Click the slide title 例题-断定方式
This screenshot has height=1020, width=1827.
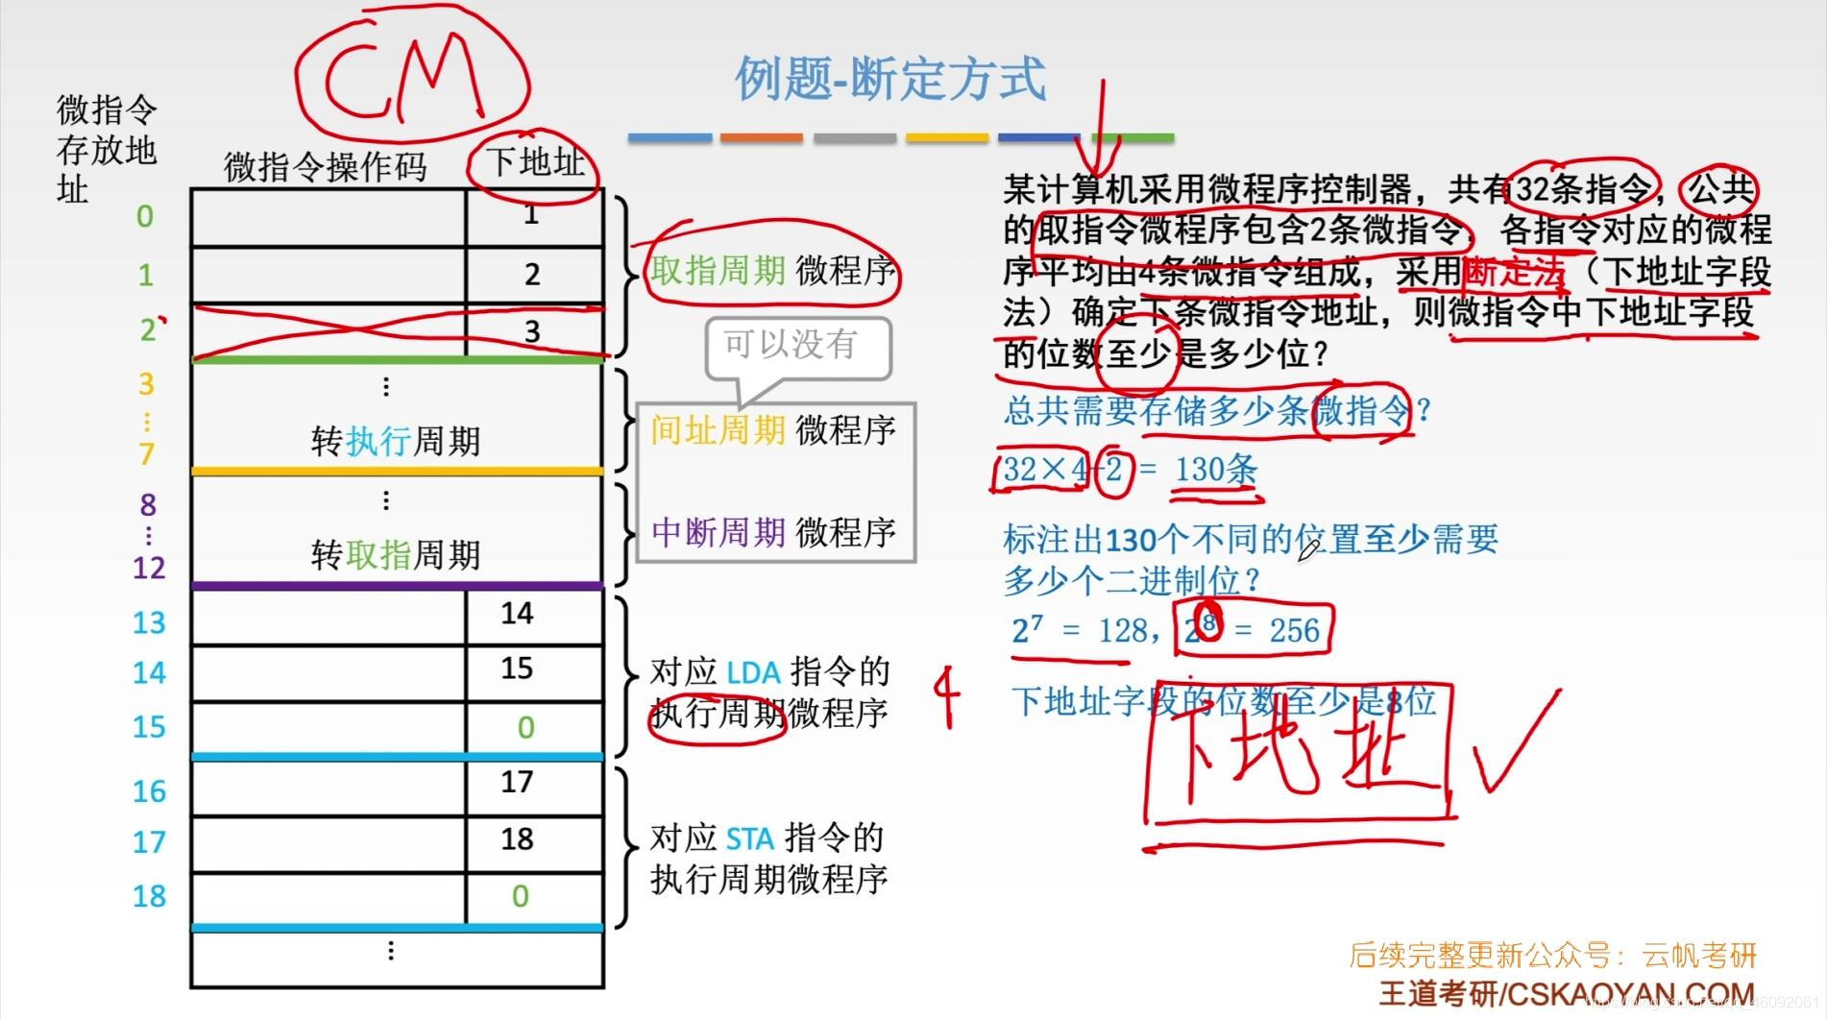(x=889, y=79)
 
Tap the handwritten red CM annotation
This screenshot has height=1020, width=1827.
(x=403, y=77)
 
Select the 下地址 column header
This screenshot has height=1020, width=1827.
(x=534, y=162)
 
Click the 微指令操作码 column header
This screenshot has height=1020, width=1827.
(x=325, y=167)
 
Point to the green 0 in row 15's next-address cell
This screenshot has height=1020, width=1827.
(x=525, y=727)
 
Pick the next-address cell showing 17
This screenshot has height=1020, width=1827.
(x=517, y=782)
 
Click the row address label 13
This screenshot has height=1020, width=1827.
(x=149, y=622)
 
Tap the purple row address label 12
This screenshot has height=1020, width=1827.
(x=149, y=568)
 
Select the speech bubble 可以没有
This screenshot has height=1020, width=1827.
(x=790, y=344)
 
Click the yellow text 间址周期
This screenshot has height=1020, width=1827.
(x=718, y=429)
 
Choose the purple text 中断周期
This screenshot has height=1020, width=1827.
(x=719, y=531)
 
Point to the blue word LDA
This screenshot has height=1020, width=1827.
(x=753, y=672)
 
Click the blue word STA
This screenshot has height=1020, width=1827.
(x=749, y=839)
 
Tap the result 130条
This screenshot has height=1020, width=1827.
(x=1215, y=470)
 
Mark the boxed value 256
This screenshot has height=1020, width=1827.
(x=1294, y=631)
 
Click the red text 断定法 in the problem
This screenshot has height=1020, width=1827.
(x=1514, y=272)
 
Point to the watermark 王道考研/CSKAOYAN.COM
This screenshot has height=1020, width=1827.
(x=1566, y=993)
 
